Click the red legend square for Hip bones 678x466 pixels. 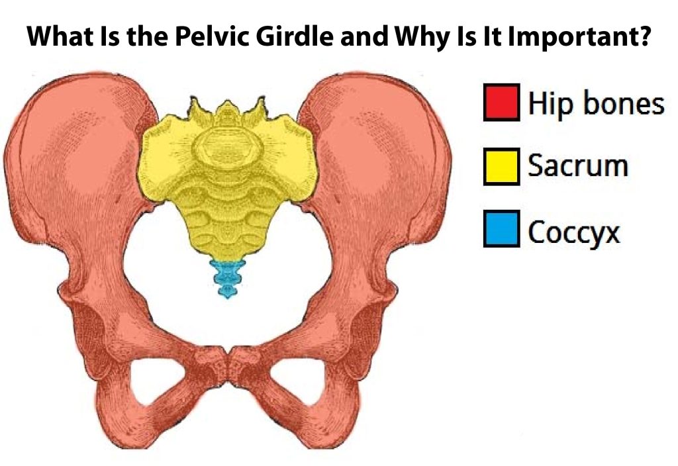[x=501, y=103]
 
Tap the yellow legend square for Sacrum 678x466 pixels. [x=501, y=167]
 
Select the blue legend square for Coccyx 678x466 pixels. [x=501, y=230]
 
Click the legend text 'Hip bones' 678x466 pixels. [x=595, y=104]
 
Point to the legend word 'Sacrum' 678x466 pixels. [x=577, y=167]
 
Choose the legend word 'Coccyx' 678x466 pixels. [x=573, y=232]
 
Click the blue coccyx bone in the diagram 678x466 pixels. [x=227, y=278]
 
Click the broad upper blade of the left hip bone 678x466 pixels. [x=79, y=146]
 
